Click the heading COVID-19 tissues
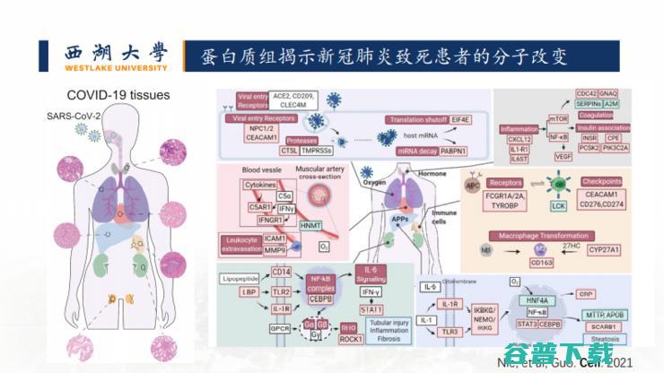(x=118, y=95)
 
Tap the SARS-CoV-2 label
(x=73, y=116)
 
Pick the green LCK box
(x=558, y=205)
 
